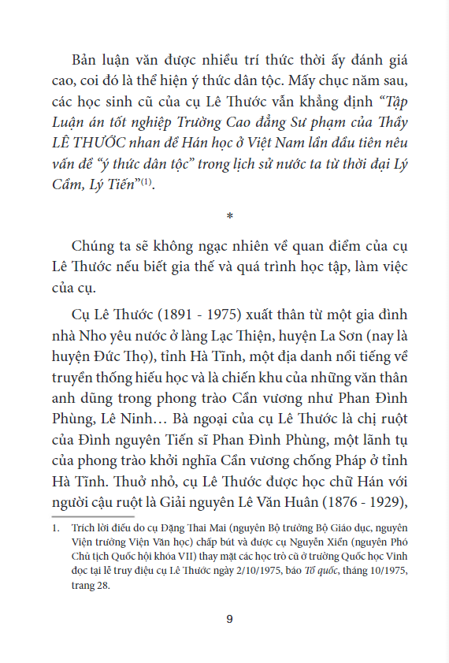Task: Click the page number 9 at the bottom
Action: coord(229,618)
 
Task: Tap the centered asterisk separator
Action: coord(229,215)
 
